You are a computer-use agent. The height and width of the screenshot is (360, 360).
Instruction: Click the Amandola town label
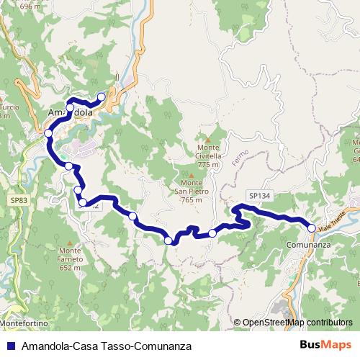pos(70,113)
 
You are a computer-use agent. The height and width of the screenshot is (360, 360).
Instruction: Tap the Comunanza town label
pos(308,246)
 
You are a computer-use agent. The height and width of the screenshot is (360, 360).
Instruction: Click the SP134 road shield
pos(259,195)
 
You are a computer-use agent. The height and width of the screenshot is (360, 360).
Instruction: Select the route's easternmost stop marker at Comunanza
pos(312,228)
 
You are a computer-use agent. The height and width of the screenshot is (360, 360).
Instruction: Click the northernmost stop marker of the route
pos(102,96)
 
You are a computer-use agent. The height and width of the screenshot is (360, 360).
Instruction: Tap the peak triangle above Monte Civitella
pos(207,140)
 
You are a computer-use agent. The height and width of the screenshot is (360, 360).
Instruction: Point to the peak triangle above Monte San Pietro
pos(192,174)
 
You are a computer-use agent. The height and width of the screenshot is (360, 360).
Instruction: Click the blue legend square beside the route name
pos(11,346)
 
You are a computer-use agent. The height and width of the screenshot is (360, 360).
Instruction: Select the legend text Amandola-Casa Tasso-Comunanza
pos(107,346)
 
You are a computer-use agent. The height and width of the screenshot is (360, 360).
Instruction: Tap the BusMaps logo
pos(326,345)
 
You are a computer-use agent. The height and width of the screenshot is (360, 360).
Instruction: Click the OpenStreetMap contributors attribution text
pos(297,323)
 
